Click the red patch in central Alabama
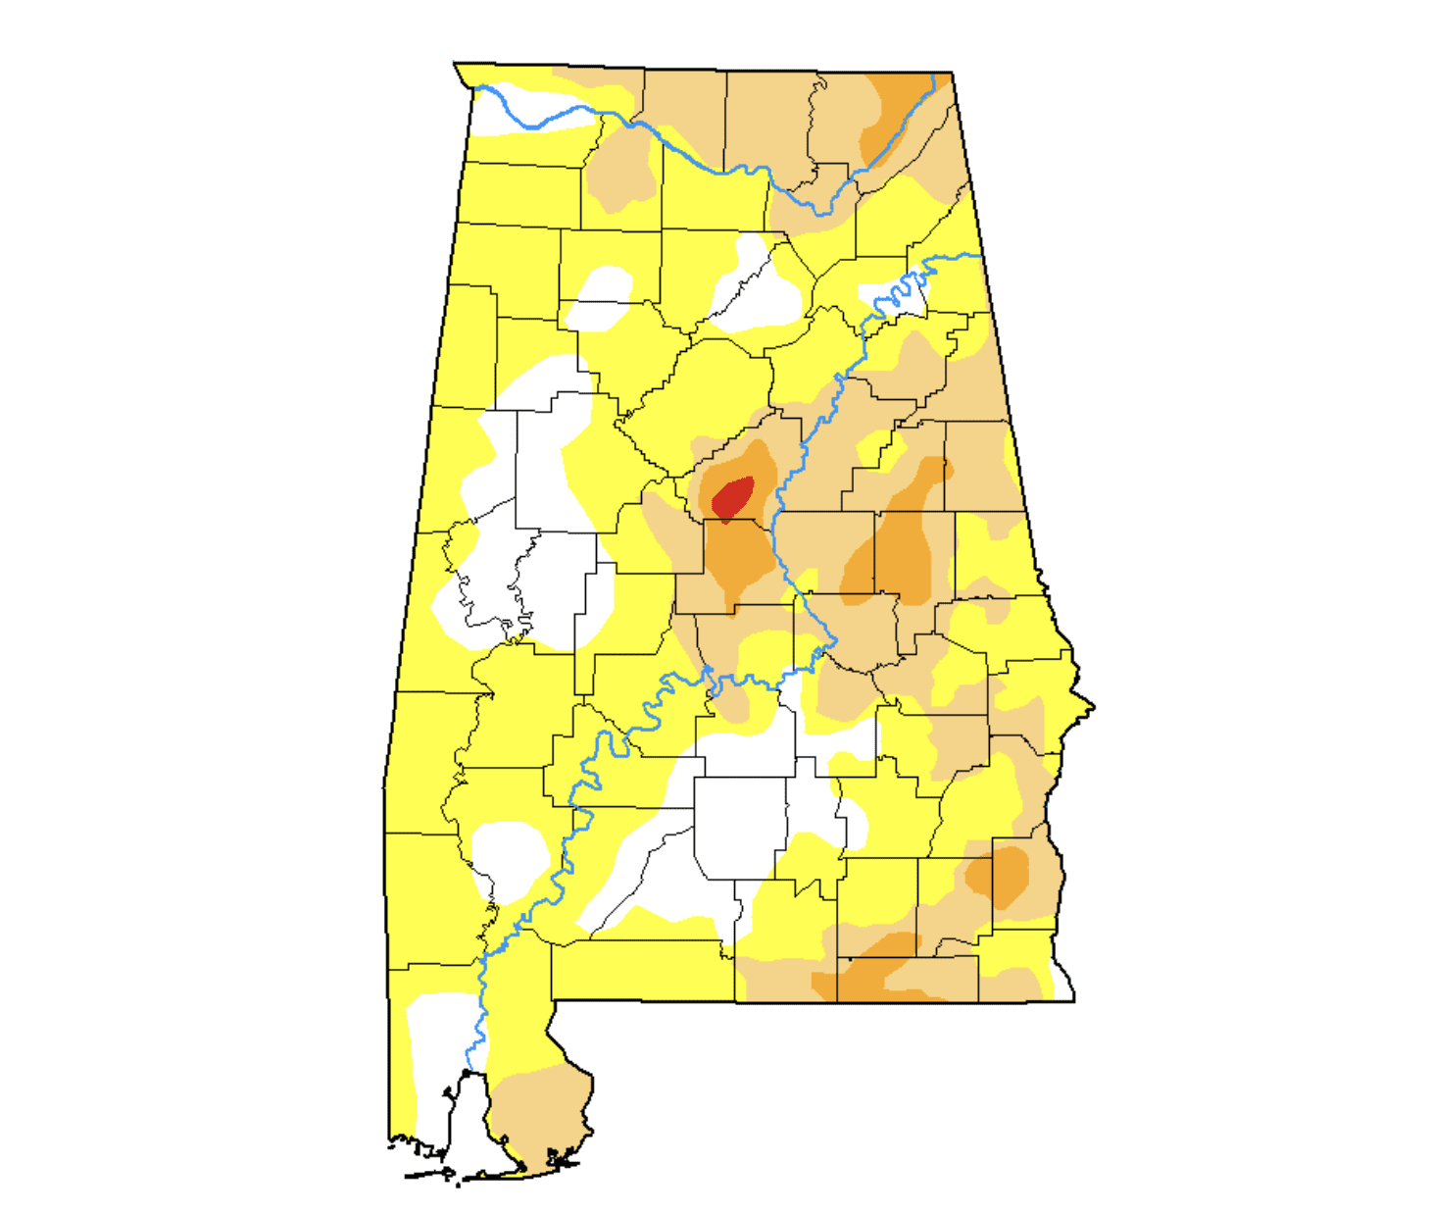tap(732, 496)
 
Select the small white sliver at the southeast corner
tap(1062, 985)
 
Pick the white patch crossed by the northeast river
tap(894, 294)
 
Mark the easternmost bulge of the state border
tap(1091, 706)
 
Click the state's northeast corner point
tap(952, 73)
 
